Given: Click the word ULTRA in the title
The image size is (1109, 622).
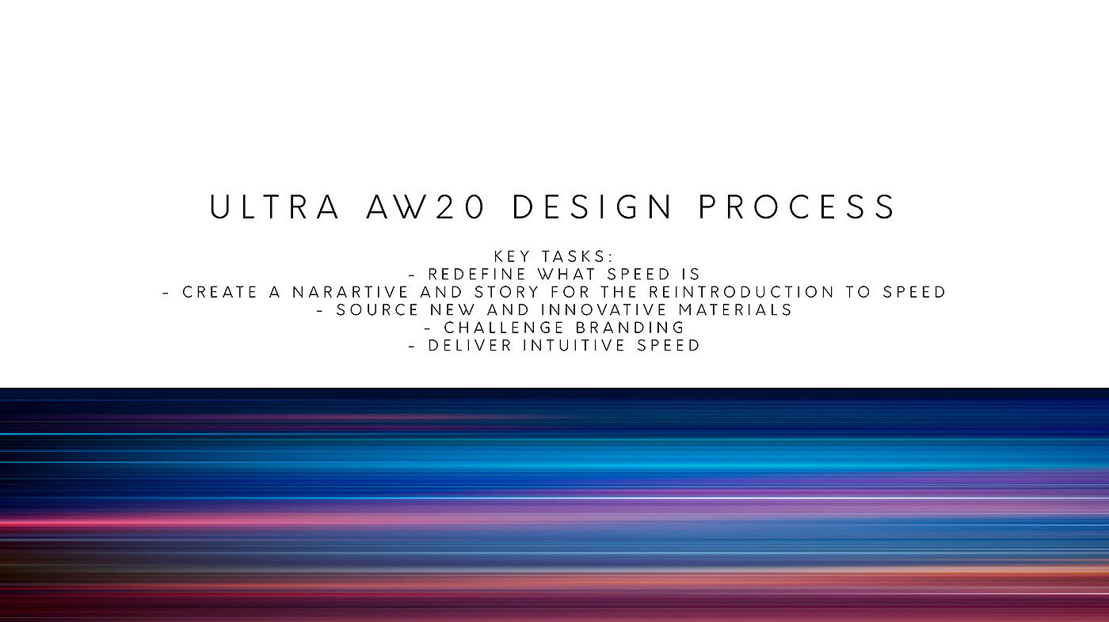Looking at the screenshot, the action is coord(275,207).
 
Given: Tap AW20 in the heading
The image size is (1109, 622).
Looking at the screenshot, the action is coord(425,207).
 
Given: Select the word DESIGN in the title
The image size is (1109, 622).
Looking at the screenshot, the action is coord(593,207).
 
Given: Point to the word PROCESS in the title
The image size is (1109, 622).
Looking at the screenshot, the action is coord(797,207).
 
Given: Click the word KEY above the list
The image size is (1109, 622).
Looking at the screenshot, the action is coord(512,256).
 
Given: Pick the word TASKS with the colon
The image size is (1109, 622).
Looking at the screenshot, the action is coord(577,256).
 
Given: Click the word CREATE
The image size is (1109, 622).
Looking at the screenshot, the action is coord(220,292).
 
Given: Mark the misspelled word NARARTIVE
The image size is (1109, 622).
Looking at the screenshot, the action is coord(350,292).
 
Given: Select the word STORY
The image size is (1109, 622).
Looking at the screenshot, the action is coord(506,292).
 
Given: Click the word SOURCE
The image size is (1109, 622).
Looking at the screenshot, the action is coord(377,310).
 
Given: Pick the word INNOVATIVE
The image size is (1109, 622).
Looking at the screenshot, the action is coord(604,310).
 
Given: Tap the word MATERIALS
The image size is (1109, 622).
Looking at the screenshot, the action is coord(735,310).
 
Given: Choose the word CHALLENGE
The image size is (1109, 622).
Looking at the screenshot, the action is coord(504,328).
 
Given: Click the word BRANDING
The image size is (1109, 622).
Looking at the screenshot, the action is coord(630,328).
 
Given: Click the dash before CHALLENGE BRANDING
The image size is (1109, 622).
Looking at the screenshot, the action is coord(429,328).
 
